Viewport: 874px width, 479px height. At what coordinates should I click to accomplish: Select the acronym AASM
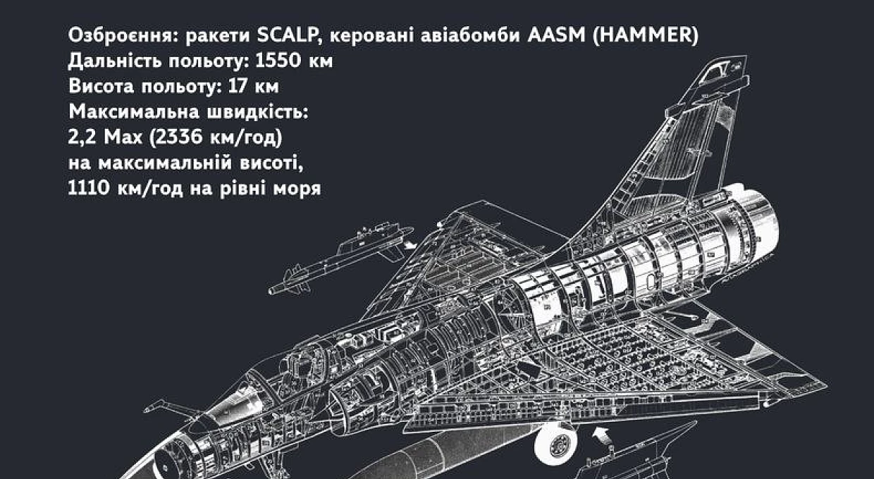click(x=556, y=35)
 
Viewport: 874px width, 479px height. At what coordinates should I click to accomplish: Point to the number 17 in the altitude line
click(x=238, y=86)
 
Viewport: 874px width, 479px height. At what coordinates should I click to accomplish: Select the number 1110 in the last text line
click(x=88, y=188)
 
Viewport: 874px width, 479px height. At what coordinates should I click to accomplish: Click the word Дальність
click(x=115, y=61)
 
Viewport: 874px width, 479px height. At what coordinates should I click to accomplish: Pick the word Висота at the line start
click(x=101, y=86)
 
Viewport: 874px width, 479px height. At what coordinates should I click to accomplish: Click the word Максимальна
click(x=134, y=111)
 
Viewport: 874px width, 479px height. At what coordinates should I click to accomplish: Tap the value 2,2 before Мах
click(x=82, y=137)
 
